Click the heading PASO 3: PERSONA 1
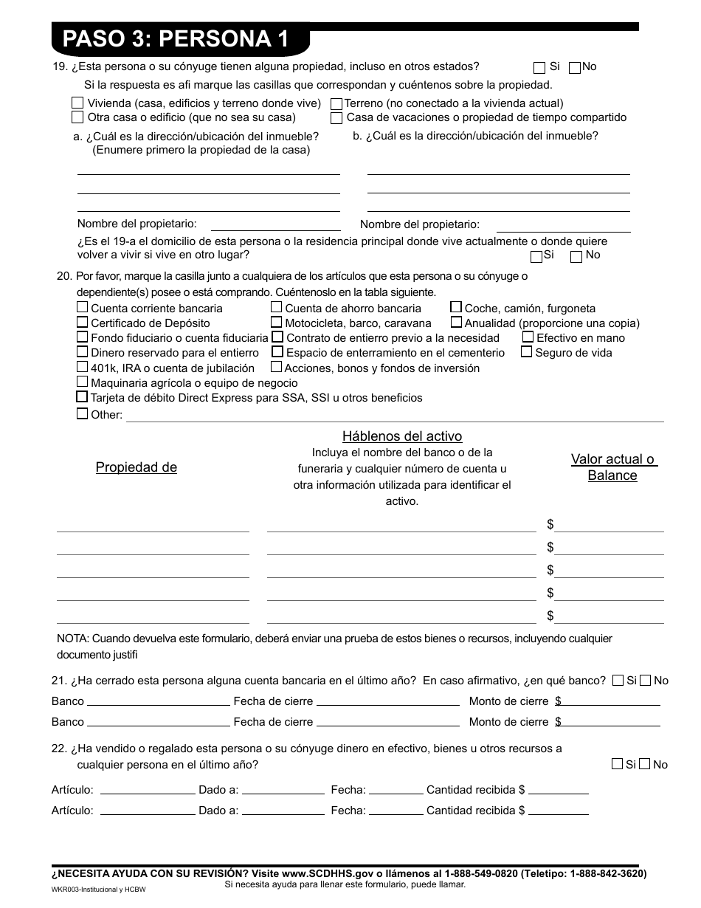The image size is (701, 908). [x=176, y=39]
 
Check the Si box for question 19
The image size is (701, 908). [x=539, y=67]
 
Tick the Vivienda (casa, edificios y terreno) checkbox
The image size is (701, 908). [x=77, y=103]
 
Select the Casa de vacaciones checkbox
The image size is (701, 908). [x=336, y=117]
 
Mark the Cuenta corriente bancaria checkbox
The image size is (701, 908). [x=83, y=308]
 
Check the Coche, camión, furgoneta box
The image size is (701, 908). [x=456, y=308]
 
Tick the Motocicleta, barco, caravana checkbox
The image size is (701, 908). [x=276, y=323]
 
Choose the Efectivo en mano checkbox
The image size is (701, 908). [x=528, y=337]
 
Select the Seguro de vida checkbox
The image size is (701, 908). [x=526, y=352]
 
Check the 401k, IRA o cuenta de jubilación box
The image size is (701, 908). [x=83, y=367]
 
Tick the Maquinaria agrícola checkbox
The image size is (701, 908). [x=83, y=382]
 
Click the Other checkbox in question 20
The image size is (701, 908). [x=83, y=414]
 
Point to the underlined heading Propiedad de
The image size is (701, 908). [x=137, y=467]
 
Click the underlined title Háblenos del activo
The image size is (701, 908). [x=402, y=436]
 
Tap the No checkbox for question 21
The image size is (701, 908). [x=645, y=681]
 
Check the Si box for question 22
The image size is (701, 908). [x=617, y=764]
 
